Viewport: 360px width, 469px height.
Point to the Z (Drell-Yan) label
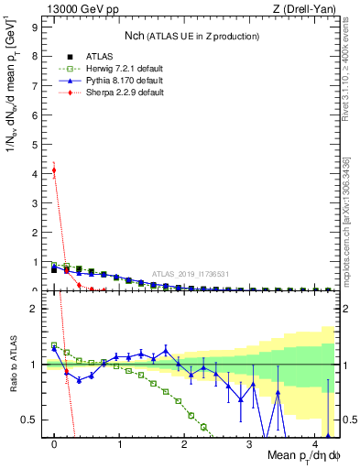(x=303, y=9)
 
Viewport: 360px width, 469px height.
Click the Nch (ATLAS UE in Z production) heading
(x=192, y=36)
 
